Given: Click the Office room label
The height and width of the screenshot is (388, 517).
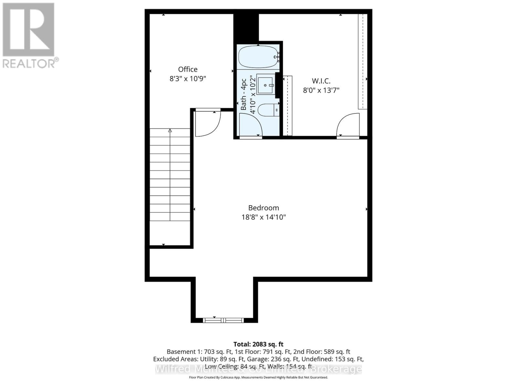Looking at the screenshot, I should pos(188,69).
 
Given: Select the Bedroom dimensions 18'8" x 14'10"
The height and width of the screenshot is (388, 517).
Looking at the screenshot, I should pos(264,217).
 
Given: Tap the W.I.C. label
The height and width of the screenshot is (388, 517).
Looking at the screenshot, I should pos(321,81).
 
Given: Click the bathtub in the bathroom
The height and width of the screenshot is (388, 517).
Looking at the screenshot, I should pos(258,57).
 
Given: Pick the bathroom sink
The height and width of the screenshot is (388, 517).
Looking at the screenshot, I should pos(265,85).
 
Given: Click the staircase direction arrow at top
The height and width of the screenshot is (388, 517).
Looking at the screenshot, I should pos(170,131).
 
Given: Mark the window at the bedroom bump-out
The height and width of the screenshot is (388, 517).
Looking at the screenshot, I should pos(223,320).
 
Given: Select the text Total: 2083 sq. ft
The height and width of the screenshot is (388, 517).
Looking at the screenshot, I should pos(258,344).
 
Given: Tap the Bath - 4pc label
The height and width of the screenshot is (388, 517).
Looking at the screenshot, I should pos(244,95).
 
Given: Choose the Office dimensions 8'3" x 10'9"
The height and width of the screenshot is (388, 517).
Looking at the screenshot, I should pos(188,79).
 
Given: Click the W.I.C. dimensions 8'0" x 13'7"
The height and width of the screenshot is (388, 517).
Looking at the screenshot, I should pos(321,90).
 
